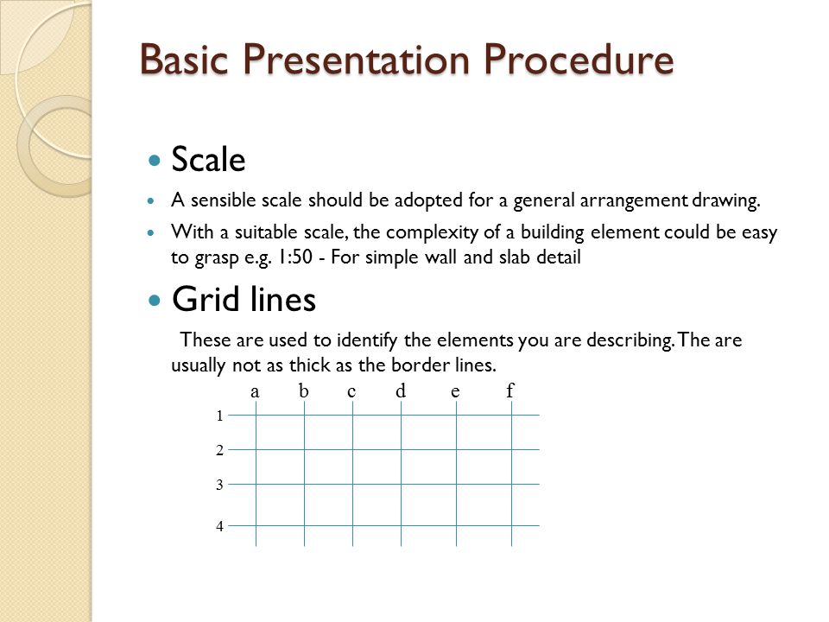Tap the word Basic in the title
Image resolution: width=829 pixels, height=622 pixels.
(x=187, y=60)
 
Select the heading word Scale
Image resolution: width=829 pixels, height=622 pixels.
(x=208, y=159)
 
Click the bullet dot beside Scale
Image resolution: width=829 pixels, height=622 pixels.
(x=155, y=161)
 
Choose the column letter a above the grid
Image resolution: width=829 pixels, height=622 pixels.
(x=256, y=391)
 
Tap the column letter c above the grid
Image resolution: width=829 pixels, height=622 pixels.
(x=351, y=391)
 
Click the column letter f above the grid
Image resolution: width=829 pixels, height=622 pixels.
(x=510, y=391)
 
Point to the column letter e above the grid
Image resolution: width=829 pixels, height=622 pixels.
(x=454, y=391)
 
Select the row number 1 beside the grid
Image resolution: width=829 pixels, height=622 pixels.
(x=220, y=416)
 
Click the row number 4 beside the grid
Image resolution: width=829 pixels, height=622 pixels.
(x=220, y=525)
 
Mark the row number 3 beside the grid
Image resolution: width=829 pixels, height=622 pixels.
(x=220, y=485)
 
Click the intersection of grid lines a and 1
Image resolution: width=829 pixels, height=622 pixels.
(x=256, y=416)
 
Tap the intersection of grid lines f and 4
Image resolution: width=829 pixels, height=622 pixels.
(x=511, y=525)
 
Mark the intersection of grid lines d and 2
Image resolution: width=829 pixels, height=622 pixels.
(x=401, y=449)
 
